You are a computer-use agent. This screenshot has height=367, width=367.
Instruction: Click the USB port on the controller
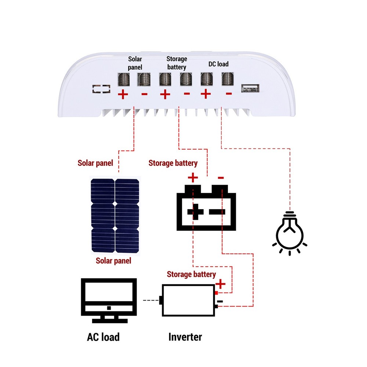coord(250,88)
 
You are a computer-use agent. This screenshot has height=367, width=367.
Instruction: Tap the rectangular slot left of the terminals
coord(101,89)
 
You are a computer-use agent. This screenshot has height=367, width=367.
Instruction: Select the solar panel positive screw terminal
coord(123,79)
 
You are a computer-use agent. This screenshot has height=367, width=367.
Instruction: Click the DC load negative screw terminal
coord(228,79)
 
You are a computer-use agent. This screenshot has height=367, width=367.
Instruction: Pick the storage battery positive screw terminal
coord(165,79)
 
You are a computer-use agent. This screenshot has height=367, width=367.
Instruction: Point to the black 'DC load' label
coord(218,64)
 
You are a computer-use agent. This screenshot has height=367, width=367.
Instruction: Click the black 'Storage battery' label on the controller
coord(177,63)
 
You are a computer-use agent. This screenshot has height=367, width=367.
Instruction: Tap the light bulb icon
coord(290,233)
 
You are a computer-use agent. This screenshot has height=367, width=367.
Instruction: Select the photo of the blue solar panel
coord(115,215)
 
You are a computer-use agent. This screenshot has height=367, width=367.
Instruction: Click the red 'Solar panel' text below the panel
coord(113,261)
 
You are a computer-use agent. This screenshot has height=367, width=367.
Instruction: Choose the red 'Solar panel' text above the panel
coord(95,163)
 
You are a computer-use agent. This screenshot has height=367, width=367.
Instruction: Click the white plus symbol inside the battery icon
coord(195,212)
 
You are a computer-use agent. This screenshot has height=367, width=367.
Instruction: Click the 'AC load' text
coord(103,337)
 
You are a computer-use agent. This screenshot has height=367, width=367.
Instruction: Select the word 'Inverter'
coord(185,337)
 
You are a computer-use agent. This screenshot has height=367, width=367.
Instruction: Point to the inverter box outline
coord(188,300)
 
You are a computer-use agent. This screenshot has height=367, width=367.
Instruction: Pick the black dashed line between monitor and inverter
coord(150,301)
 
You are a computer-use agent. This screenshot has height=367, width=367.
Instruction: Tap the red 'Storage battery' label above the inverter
coord(191,274)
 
